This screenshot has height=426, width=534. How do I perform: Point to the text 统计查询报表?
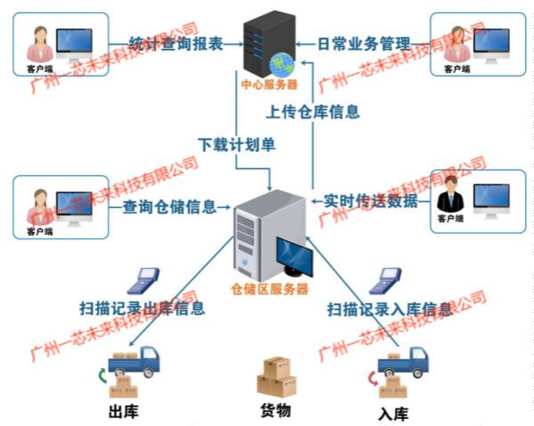pyautogui.click(x=174, y=42)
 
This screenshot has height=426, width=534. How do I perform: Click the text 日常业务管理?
pyautogui.click(x=365, y=42)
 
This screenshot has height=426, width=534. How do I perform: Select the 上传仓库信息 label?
pyautogui.click(x=314, y=112)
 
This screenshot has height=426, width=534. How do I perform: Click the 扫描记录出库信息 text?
pyautogui.click(x=142, y=309)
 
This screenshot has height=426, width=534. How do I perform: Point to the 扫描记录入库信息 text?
pyautogui.click(x=389, y=309)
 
